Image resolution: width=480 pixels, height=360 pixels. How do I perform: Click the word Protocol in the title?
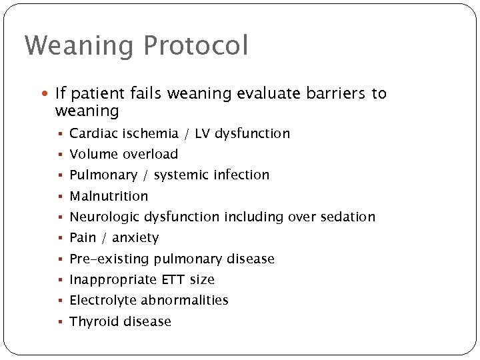195,46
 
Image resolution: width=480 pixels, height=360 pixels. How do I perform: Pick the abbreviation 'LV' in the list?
203,133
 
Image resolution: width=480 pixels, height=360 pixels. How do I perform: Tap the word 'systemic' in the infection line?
181,175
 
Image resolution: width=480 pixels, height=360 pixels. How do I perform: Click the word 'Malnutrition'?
109,196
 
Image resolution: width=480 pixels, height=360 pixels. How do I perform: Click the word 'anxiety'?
135,238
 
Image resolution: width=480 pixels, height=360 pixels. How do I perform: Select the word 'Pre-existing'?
110,259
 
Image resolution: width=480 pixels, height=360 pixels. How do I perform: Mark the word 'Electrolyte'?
103,300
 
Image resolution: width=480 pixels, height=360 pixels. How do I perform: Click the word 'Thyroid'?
92,321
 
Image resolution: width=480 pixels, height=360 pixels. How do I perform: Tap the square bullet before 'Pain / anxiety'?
60,238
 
